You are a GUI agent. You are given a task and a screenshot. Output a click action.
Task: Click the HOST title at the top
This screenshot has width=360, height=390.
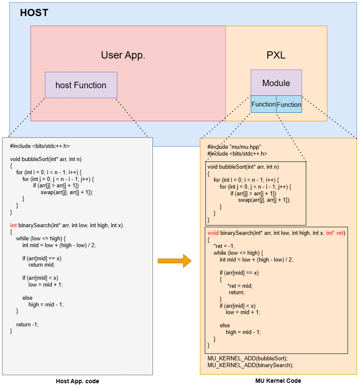tap(34, 13)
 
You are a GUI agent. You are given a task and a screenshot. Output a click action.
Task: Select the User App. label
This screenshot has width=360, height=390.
tap(123, 55)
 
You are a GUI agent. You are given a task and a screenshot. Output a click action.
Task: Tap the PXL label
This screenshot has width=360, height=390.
tap(276, 55)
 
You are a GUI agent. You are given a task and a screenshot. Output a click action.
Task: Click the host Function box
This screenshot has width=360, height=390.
tap(81, 85)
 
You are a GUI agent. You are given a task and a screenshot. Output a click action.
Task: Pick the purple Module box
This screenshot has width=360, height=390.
tap(276, 83)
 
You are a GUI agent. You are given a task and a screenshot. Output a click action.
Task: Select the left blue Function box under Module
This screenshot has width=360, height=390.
tap(263, 104)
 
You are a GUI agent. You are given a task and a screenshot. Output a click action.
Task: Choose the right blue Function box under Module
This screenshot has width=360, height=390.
tap(289, 104)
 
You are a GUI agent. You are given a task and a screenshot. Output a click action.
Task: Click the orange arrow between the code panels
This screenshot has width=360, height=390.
tap(174, 261)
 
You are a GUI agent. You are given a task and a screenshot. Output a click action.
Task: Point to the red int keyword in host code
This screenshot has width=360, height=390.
tap(14, 225)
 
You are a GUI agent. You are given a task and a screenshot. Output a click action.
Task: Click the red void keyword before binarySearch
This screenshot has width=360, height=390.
tap(213, 233)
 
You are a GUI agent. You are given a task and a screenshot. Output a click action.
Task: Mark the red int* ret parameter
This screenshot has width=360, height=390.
tap(335, 233)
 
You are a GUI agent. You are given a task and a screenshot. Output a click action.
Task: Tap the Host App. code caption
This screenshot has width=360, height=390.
tap(78, 381)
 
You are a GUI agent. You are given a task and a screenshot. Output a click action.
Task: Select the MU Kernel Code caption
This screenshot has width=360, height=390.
tap(278, 381)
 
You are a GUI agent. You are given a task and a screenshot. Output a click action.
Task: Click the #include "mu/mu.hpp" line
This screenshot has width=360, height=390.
tap(234, 147)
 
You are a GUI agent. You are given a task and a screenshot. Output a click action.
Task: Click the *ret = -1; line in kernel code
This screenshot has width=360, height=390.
tap(224, 246)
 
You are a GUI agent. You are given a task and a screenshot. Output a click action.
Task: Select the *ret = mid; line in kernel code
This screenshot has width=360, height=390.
tap(240, 286)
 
